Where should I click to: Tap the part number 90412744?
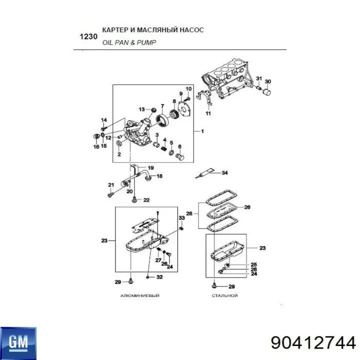313,343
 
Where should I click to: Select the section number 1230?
88,36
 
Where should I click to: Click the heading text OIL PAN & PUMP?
129,42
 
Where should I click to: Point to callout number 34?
224,172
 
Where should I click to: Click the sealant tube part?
205,173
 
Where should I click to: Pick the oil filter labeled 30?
267,92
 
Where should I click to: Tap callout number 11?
208,113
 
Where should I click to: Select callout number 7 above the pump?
162,106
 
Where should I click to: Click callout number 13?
142,109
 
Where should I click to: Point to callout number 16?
96,146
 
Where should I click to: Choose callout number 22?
146,200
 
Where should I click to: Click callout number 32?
159,277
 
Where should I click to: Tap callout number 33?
181,217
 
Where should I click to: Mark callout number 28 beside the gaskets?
189,213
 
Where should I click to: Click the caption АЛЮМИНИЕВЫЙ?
140,295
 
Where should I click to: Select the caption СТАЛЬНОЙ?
225,295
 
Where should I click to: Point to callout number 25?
253,264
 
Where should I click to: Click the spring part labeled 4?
164,149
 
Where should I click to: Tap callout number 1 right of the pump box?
202,131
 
